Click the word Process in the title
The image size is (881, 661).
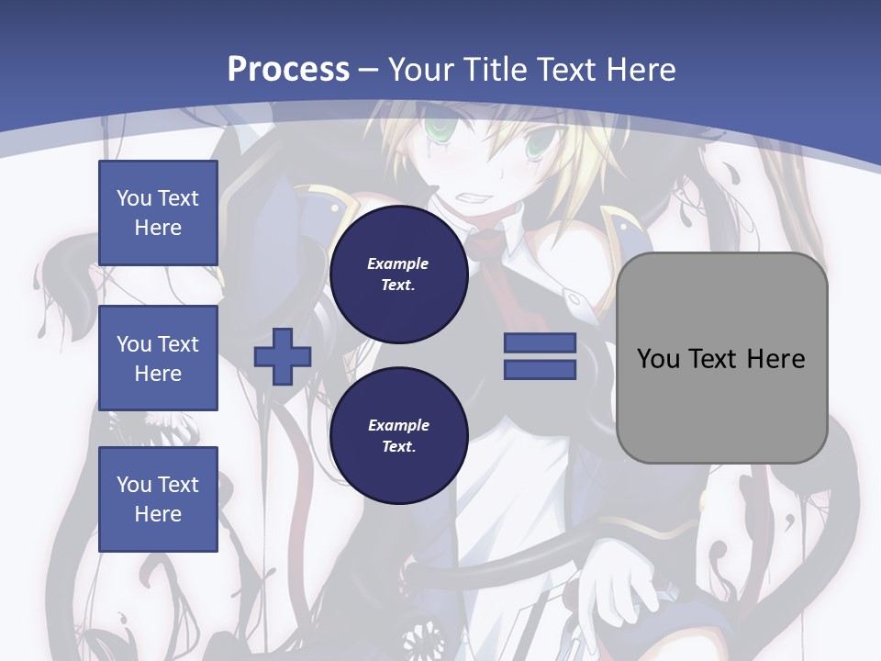pyautogui.click(x=288, y=69)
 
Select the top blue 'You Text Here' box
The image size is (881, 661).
pyautogui.click(x=158, y=213)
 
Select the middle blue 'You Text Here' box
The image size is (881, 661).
pyautogui.click(x=158, y=358)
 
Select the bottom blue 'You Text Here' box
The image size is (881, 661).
pyautogui.click(x=158, y=499)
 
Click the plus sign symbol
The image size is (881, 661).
pyautogui.click(x=283, y=356)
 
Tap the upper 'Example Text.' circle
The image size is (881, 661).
pyautogui.click(x=398, y=274)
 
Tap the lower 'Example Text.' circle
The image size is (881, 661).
pyautogui.click(x=398, y=435)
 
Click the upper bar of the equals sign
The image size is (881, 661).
pyautogui.click(x=540, y=343)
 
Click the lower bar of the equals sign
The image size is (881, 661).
pyautogui.click(x=540, y=370)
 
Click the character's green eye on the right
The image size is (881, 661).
pyautogui.click(x=538, y=147)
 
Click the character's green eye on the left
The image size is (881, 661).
pyautogui.click(x=439, y=133)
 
